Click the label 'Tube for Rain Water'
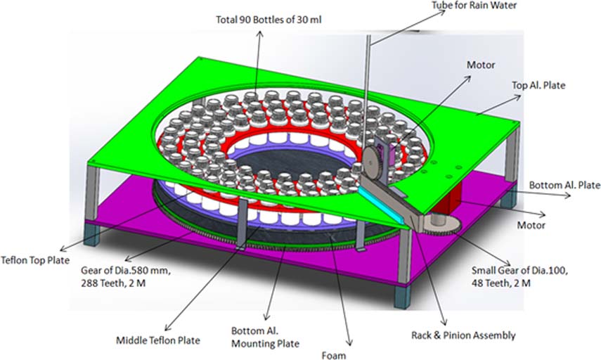474,6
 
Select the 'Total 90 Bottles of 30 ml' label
269,20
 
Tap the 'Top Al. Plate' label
538,85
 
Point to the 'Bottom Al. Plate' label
564,185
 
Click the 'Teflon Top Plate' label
35,260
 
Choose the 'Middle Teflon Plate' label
158,340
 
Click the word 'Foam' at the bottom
334,356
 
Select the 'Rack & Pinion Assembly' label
463,335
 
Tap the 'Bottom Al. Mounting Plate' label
265,337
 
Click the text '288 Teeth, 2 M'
113,283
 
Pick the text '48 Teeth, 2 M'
501,283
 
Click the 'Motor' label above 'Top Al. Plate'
481,65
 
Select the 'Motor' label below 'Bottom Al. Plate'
531,225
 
